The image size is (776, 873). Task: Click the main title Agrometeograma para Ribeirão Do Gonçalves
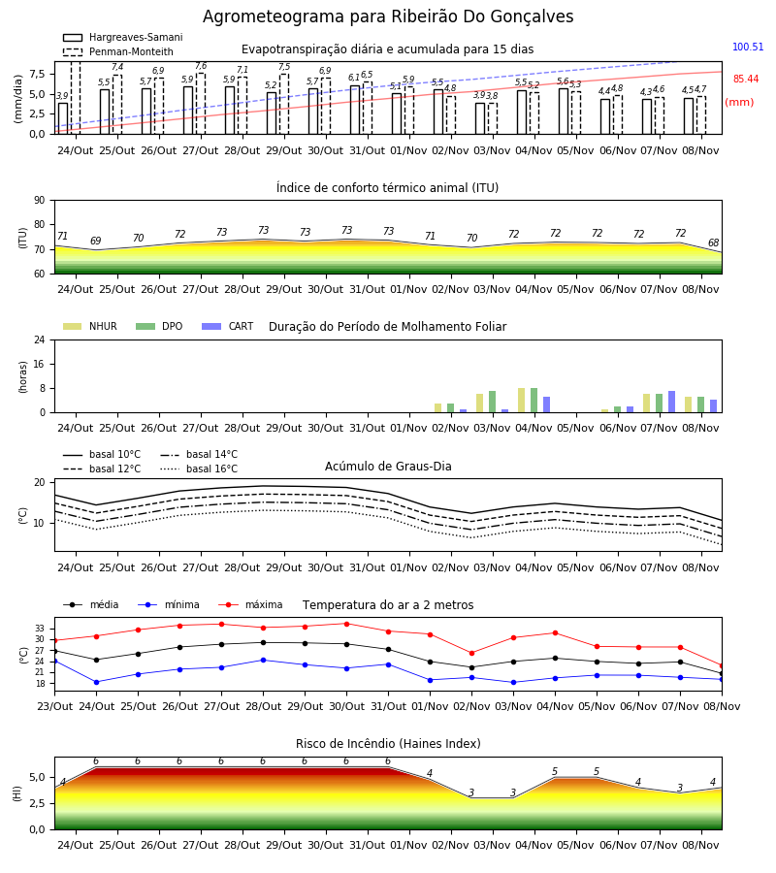tap(388, 16)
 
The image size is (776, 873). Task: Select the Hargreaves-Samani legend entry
tap(123, 37)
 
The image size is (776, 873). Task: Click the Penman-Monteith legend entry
tap(118, 51)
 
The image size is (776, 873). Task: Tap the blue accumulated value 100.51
tap(748, 47)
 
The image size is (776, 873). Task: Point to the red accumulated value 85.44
tap(746, 80)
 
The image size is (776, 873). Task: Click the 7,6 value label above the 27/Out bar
tap(201, 66)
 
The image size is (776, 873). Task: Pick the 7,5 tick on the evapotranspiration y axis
tap(37, 74)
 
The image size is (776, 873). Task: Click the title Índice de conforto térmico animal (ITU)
tap(387, 187)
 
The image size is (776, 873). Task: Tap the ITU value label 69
tap(96, 241)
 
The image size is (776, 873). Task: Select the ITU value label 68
tap(713, 242)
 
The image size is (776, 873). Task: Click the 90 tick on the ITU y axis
tap(40, 201)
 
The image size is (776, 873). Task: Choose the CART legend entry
tap(228, 326)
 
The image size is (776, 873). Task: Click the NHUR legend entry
tap(90, 326)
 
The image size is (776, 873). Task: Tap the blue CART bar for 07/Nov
tap(672, 402)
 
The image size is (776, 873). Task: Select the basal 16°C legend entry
tap(199, 469)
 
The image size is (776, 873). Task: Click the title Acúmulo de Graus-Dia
tap(388, 467)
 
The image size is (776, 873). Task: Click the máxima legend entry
tap(251, 604)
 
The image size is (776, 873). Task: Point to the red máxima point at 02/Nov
tap(472, 653)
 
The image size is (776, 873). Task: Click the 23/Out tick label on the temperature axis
tap(54, 706)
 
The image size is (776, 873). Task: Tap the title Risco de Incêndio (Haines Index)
tap(388, 744)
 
